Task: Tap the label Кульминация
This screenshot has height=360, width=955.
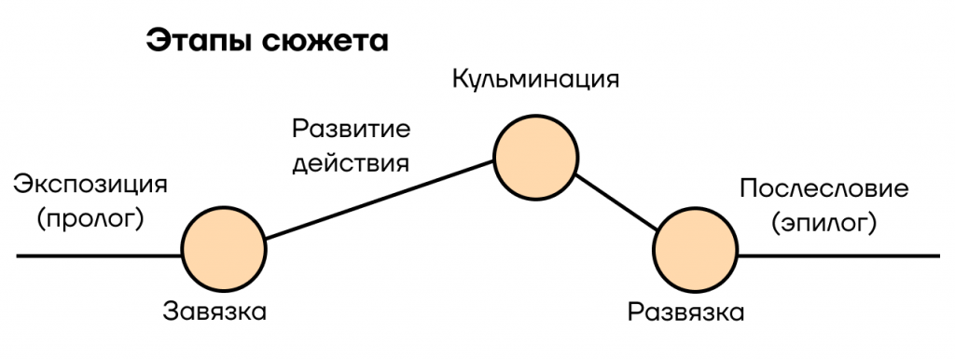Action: click(x=535, y=80)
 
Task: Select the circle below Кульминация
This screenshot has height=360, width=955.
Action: click(x=535, y=158)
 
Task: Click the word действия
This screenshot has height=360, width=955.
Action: click(x=352, y=163)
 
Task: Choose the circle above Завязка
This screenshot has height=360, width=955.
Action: click(x=224, y=249)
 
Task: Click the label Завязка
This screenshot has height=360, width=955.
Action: click(x=215, y=312)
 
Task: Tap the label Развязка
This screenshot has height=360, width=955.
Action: click(x=685, y=312)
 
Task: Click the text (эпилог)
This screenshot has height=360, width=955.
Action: click(x=824, y=224)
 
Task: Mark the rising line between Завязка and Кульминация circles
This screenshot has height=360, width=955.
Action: click(x=380, y=200)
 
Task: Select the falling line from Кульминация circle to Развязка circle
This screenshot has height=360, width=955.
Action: click(x=616, y=203)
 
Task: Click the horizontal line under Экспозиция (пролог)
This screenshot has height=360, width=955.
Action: click(x=99, y=256)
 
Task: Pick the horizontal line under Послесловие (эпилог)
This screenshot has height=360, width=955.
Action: click(x=838, y=256)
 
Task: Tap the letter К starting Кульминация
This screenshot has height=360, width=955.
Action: click(x=461, y=79)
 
